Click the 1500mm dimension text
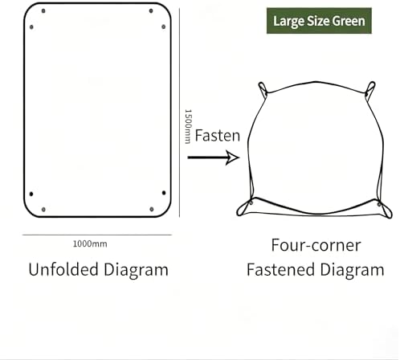pyautogui.click(x=188, y=126)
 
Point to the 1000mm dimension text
pyautogui.click(x=90, y=244)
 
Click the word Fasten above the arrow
pyautogui.click(x=218, y=136)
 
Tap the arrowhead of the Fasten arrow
pyautogui.click(x=232, y=157)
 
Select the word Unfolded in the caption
pyautogui.click(x=63, y=269)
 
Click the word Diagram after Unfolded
pyautogui.click(x=136, y=270)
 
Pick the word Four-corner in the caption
pyautogui.click(x=316, y=245)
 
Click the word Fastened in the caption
pyautogui.click(x=280, y=269)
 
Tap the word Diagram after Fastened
pyautogui.click(x=352, y=270)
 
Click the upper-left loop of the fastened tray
pyautogui.click(x=263, y=90)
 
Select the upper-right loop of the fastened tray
pyautogui.click(x=371, y=90)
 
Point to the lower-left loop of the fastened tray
pyautogui.click(x=243, y=209)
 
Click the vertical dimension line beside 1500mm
pyautogui.click(x=179, y=112)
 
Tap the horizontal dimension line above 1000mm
pyautogui.click(x=97, y=235)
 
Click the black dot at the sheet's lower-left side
pyautogui.click(x=31, y=194)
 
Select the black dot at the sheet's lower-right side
pyautogui.click(x=164, y=193)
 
